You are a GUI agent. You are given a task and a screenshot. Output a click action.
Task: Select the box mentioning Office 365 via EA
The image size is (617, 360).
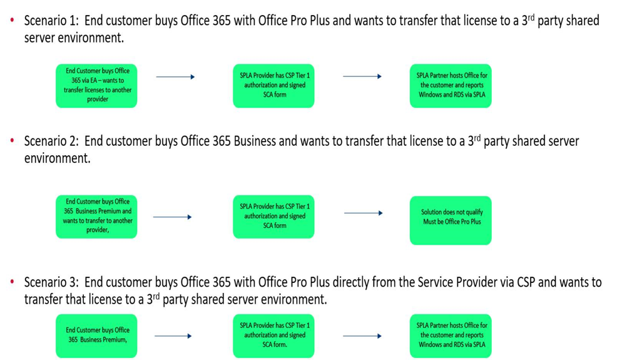97,85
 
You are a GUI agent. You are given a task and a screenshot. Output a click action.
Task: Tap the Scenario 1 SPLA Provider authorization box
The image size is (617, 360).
275,85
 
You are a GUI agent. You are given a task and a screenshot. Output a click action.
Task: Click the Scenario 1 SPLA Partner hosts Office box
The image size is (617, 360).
451,85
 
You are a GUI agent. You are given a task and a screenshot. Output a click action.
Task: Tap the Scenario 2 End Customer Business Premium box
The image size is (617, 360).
97,217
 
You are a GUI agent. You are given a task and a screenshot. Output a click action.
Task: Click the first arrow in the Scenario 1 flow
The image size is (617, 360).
175,77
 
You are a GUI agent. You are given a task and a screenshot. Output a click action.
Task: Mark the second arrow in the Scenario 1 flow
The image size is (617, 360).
362,77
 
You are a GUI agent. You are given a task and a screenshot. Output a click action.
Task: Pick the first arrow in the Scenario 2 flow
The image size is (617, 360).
171,217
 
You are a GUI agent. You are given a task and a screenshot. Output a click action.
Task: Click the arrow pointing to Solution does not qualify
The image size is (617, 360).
362,213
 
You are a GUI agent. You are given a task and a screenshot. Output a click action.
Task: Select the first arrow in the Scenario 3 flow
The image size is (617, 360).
173,336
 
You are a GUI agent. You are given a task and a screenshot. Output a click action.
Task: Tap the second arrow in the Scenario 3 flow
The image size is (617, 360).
362,336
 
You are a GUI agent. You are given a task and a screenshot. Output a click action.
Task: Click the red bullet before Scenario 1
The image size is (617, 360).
12,21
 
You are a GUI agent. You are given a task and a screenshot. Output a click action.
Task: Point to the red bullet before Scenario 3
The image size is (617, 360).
12,283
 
